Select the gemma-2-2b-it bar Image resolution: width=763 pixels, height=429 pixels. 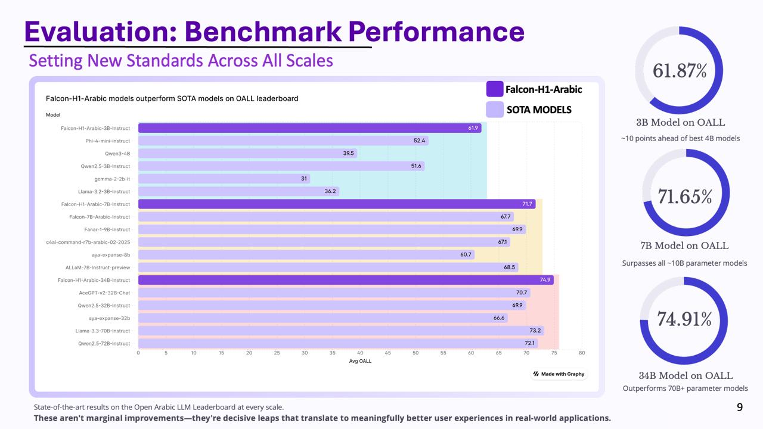pos(224,179)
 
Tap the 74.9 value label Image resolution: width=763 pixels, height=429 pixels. pos(545,280)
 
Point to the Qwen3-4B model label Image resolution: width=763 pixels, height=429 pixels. pos(117,153)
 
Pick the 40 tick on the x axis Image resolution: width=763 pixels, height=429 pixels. pos(360,353)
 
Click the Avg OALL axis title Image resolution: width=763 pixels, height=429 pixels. pos(360,361)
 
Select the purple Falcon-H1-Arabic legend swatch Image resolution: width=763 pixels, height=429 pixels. pos(495,89)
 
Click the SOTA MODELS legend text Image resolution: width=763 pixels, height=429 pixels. pos(539,110)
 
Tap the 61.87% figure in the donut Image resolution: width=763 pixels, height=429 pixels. pos(680,70)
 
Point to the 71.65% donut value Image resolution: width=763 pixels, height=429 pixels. pos(685,196)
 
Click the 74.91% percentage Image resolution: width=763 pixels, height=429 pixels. pos(684,319)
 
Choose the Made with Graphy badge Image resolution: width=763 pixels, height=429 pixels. pos(559,374)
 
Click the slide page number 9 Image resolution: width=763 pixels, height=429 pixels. pos(740,408)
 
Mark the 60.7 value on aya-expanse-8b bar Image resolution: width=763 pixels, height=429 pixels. pos(466,254)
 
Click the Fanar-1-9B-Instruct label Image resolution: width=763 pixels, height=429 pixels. pos(107,229)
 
